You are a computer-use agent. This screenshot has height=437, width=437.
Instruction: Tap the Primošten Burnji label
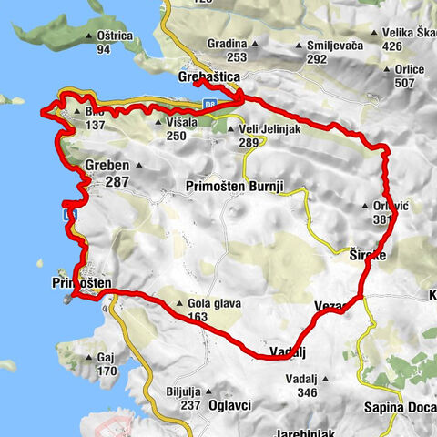(235, 186)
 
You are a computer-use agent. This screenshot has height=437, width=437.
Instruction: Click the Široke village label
(368, 257)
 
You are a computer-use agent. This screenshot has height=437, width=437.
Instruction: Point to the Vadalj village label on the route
(286, 351)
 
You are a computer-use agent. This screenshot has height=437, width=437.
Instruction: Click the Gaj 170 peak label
(107, 365)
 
